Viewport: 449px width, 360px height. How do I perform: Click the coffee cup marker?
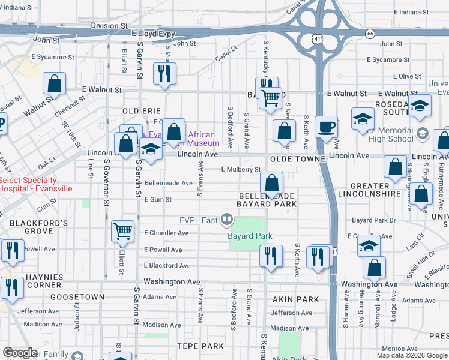tap(326, 127)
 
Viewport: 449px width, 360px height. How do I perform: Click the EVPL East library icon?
tap(227, 220)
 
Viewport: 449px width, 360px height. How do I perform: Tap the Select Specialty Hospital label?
tap(36, 184)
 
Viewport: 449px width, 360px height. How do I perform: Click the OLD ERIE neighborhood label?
tap(142, 111)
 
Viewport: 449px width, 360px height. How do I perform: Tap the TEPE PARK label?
tap(200, 346)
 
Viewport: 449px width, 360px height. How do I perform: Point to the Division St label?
tap(109, 26)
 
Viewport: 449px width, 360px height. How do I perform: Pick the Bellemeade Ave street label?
tap(168, 183)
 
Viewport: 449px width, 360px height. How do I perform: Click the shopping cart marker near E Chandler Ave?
tap(123, 231)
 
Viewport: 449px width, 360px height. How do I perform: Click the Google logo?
tap(20, 353)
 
